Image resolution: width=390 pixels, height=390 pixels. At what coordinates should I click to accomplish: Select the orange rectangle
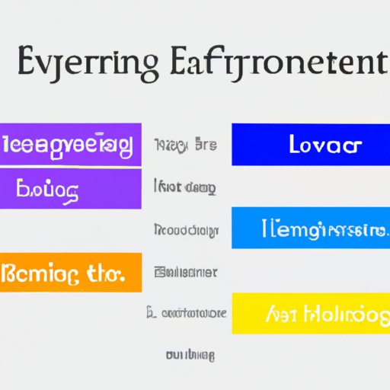[71, 271]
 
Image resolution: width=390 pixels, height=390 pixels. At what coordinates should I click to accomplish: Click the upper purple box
[71, 144]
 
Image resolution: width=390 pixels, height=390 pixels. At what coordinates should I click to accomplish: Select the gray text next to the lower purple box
[184, 187]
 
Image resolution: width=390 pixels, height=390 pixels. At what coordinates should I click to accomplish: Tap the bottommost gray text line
[190, 354]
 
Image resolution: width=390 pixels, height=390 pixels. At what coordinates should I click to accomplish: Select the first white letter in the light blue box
[265, 226]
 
